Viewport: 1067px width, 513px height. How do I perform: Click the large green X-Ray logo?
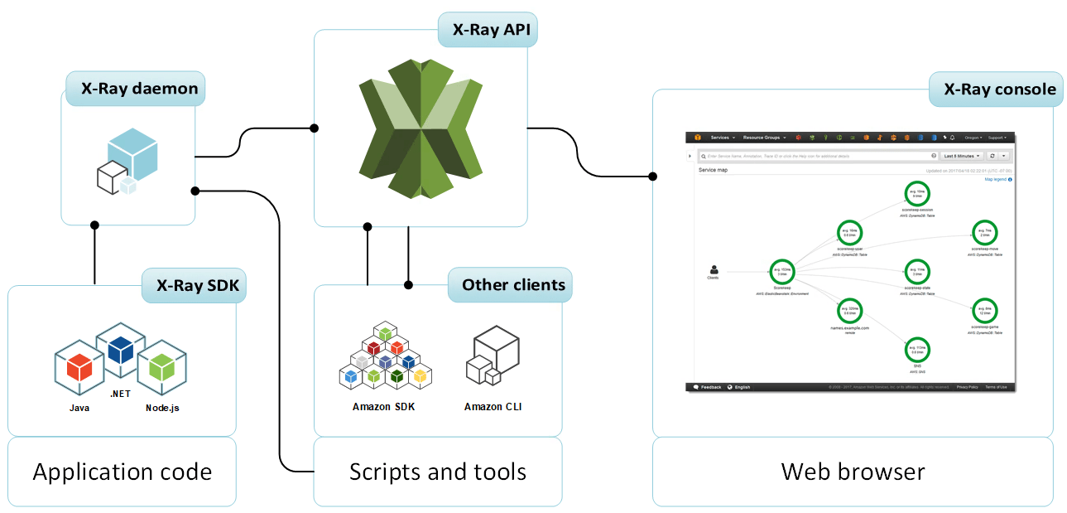[x=421, y=128]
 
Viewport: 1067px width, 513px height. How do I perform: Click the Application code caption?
[x=122, y=472]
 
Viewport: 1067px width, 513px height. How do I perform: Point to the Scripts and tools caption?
[x=437, y=472]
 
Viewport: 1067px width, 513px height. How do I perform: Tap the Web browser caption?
[x=853, y=472]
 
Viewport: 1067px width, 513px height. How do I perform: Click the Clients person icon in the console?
[x=714, y=269]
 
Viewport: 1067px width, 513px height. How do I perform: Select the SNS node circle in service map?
[x=917, y=349]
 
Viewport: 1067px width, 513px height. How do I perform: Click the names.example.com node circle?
[x=850, y=311]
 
